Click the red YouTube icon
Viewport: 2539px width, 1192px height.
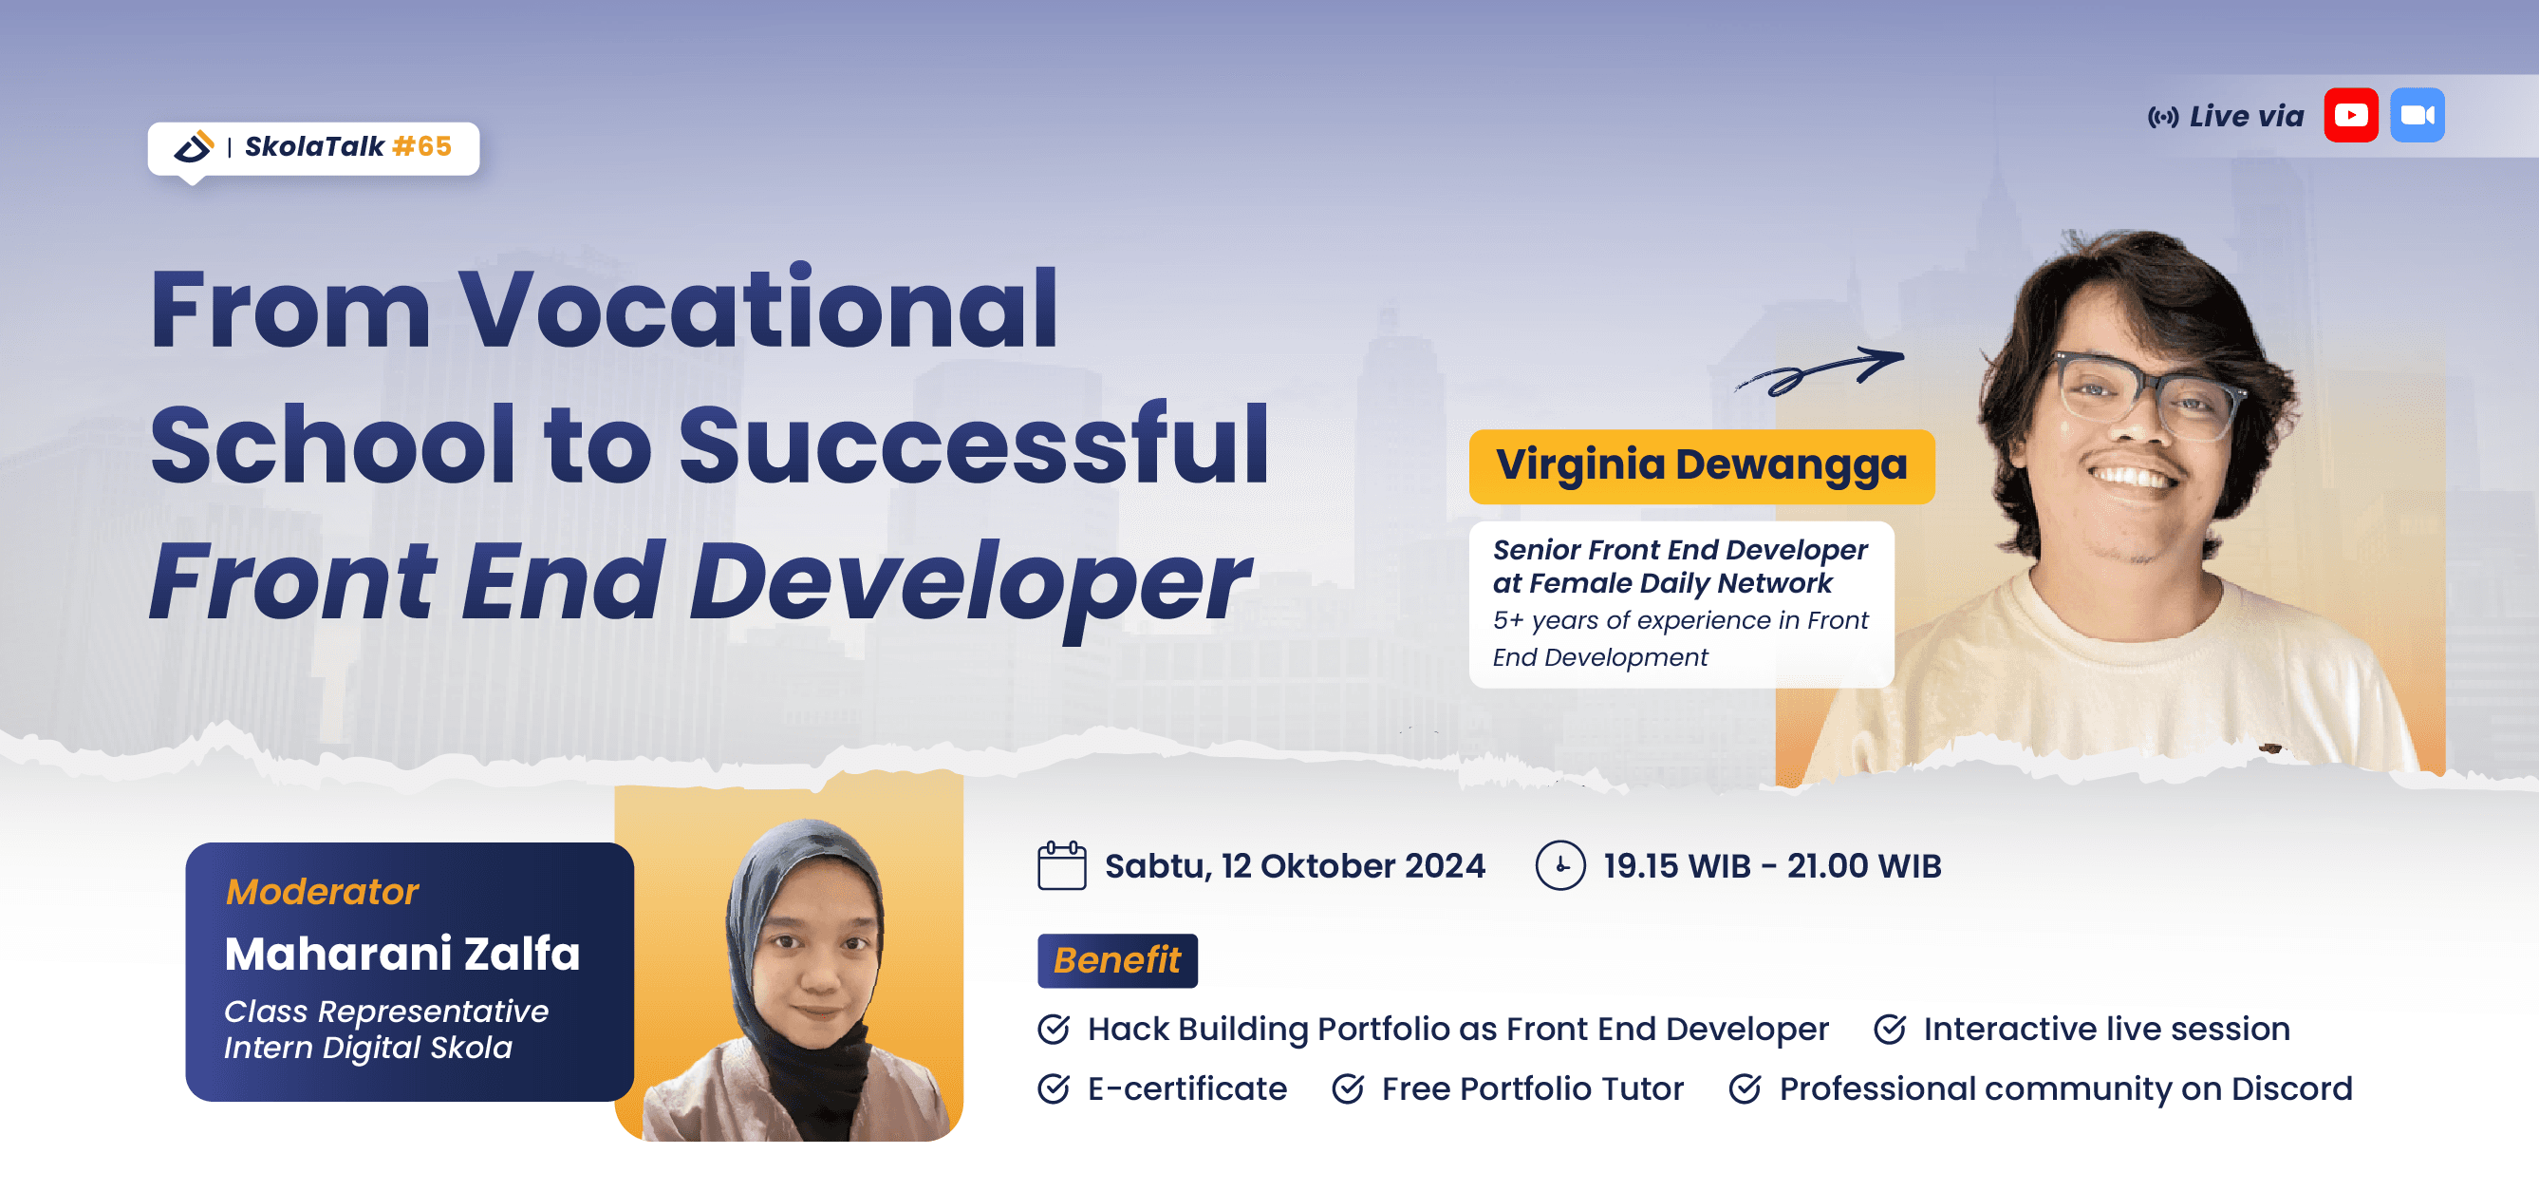tap(2351, 115)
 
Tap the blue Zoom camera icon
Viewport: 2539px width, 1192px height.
tap(2417, 115)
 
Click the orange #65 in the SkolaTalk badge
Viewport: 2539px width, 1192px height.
tap(421, 146)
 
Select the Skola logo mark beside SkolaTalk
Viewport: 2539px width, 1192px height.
tap(194, 147)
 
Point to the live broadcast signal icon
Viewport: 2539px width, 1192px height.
tap(2162, 118)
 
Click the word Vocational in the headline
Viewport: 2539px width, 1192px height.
tap(758, 309)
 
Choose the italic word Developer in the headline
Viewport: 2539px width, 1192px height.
tap(970, 586)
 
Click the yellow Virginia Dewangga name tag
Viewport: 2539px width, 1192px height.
tap(1701, 466)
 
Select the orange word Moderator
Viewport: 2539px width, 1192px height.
tap(323, 891)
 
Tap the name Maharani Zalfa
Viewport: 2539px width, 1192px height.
tap(402, 955)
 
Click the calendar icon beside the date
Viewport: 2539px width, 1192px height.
tap(1061, 865)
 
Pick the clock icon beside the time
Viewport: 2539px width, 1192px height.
tap(1560, 865)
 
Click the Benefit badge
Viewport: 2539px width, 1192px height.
tap(1118, 960)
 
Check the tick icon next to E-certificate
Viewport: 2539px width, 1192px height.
tap(1054, 1088)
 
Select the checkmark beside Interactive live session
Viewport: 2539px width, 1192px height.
tap(1890, 1030)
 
